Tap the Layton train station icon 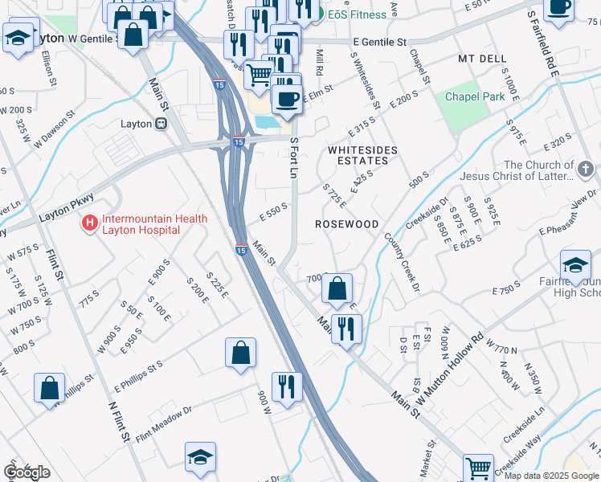click(161, 124)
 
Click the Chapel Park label click(475, 96)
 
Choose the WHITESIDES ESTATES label click(358, 155)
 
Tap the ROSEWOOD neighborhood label click(346, 224)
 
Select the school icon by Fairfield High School click(576, 266)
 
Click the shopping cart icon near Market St click(478, 467)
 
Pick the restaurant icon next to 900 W click(286, 386)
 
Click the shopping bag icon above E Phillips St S click(240, 352)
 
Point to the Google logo click(27, 472)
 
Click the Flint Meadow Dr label click(165, 419)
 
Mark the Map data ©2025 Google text click(551, 476)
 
